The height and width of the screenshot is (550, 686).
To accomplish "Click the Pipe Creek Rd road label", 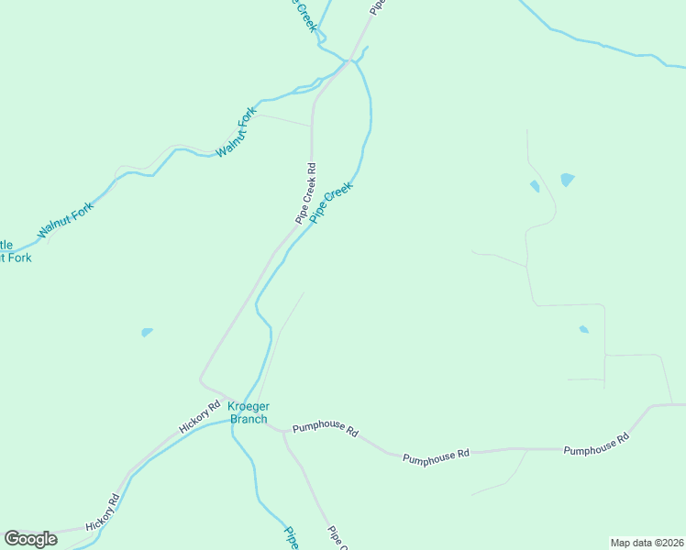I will (x=306, y=193).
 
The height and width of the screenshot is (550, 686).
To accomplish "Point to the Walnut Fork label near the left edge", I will (x=66, y=221).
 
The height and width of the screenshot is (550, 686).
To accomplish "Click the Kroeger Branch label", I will (x=248, y=413).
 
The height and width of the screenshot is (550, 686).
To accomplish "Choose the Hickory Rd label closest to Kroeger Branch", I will (x=200, y=417).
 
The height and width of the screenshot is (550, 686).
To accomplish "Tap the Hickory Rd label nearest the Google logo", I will (x=103, y=512).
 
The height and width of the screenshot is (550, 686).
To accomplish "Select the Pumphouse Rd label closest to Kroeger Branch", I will (x=325, y=428).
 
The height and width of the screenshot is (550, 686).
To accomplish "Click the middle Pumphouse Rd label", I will (x=436, y=454).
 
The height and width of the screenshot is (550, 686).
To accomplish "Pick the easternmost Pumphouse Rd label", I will (x=596, y=445).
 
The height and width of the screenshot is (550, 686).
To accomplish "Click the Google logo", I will (x=30, y=539).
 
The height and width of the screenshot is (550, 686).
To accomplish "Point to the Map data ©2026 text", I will (x=647, y=543).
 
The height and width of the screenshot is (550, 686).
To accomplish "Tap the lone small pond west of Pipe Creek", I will (x=147, y=332).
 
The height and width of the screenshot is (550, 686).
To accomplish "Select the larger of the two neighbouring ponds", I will (x=567, y=180).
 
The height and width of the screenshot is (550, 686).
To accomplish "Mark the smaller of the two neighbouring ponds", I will (x=535, y=187).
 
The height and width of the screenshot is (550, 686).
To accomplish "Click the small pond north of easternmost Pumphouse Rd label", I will (x=583, y=329).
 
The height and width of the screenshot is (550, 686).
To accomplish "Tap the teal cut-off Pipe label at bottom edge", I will (x=291, y=538).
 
